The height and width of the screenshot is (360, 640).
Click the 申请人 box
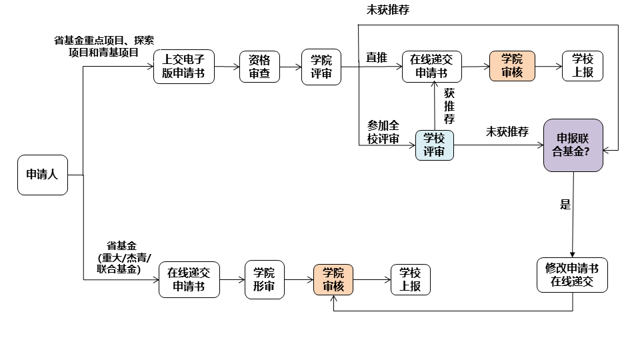pyautogui.click(x=43, y=175)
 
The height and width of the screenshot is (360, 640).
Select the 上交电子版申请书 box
pyautogui.click(x=184, y=67)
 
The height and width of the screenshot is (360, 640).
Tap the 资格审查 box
pyautogui.click(x=260, y=67)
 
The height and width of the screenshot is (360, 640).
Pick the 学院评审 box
pyautogui.click(x=321, y=67)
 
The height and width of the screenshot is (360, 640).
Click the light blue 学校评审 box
pyautogui.click(x=434, y=145)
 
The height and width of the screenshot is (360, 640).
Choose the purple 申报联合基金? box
pyautogui.click(x=573, y=145)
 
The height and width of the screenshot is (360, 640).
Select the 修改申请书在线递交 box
pyautogui.click(x=573, y=275)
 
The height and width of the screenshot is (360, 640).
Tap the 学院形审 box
pyautogui.click(x=265, y=279)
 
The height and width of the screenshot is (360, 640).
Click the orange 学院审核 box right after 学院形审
pyautogui.click(x=333, y=279)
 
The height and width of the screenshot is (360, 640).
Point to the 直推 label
pyautogui.click(x=376, y=58)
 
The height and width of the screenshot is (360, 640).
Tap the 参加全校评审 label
pyautogui.click(x=383, y=132)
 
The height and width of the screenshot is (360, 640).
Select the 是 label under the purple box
pyautogui.click(x=565, y=205)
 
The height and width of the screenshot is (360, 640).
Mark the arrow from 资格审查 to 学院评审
pyautogui.click(x=291, y=67)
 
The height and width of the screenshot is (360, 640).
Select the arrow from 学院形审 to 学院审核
pyautogui.click(x=299, y=279)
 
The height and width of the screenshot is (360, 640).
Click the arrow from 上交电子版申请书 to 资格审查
pyautogui.click(x=227, y=67)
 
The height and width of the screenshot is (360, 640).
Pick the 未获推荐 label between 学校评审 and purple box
pyautogui.click(x=507, y=131)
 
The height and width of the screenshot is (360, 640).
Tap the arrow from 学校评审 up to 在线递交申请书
pyautogui.click(x=435, y=107)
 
